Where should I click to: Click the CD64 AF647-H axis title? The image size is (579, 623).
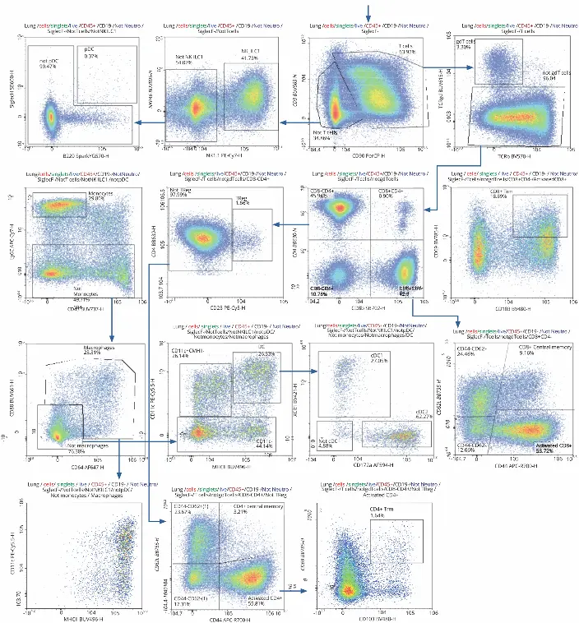click(x=72, y=465)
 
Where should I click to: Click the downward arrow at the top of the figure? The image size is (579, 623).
click(x=369, y=10)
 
